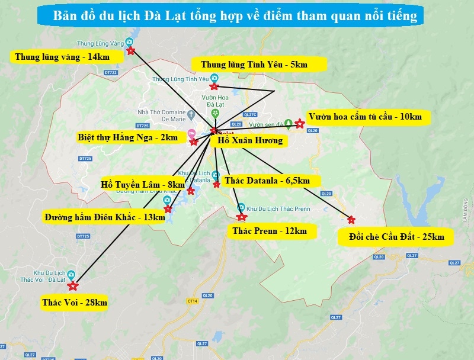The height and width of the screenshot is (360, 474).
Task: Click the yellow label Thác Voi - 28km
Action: [75, 303]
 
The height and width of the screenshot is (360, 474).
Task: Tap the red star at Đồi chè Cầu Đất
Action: [351, 220]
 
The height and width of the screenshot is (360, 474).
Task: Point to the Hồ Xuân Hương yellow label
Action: [249, 141]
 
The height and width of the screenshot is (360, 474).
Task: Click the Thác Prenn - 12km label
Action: [270, 230]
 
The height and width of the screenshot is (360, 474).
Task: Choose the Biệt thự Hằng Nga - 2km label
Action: [127, 137]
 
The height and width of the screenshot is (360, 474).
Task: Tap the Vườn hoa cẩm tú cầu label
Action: [365, 117]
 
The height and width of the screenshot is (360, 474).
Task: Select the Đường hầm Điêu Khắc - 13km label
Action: [105, 217]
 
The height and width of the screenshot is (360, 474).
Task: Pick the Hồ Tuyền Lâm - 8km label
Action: [143, 185]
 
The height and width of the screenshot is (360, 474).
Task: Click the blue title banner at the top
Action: [235, 16]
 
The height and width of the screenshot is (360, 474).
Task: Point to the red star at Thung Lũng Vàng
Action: [131, 51]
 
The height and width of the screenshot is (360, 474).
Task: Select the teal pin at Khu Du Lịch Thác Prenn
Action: [241, 208]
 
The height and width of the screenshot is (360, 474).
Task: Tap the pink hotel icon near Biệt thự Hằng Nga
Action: [191, 133]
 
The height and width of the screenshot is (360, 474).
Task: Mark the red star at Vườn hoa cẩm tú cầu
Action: [300, 124]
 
